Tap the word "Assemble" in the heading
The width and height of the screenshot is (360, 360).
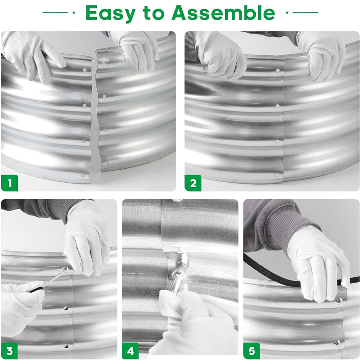(x=223, y=13)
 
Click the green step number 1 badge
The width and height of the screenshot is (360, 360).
(x=9, y=183)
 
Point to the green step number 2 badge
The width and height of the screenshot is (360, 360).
(x=193, y=183)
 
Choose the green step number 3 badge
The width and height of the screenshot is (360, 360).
(x=9, y=351)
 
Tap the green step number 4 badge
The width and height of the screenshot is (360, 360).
(x=130, y=351)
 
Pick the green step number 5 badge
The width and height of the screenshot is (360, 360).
(x=252, y=351)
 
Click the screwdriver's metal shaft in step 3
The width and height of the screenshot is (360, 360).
(x=54, y=278)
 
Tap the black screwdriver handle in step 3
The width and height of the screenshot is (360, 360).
(x=35, y=289)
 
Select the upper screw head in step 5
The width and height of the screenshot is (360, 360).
(x=339, y=300)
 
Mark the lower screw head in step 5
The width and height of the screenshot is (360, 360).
(x=337, y=343)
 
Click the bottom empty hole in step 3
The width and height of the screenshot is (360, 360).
(x=66, y=346)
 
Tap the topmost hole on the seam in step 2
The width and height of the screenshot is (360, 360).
(x=278, y=71)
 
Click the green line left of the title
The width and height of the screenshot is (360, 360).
(x=55, y=13)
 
